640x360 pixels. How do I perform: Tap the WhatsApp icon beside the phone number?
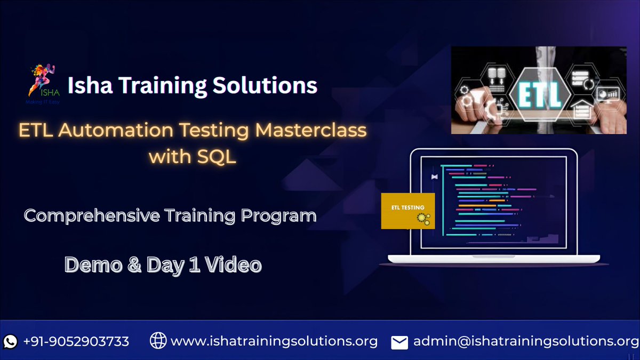coord(11,341)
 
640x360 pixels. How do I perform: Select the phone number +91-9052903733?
coord(76,341)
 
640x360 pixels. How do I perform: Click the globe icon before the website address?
coord(158,341)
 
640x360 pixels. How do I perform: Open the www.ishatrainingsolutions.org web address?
coord(274,341)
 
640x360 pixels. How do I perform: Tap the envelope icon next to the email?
coord(399,342)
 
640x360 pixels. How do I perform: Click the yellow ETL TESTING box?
coord(408,211)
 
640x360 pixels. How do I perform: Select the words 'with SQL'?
coord(192,157)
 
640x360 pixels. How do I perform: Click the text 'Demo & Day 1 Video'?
coord(163,265)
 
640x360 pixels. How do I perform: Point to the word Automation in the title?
coord(134,131)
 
